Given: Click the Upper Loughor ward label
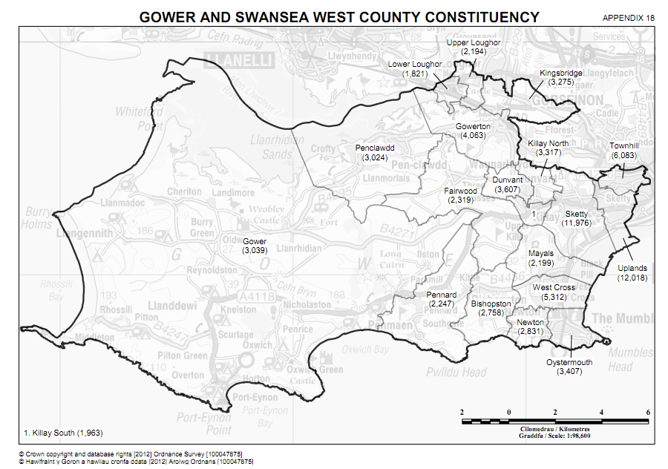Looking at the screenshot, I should tap(473, 47).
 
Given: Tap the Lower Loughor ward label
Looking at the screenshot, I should tap(415, 69).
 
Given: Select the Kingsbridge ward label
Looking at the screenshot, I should tap(560, 78).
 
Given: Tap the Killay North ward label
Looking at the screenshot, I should tap(548, 148).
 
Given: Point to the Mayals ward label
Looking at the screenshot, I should tap(540, 258).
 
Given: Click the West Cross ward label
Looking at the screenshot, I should tap(554, 292).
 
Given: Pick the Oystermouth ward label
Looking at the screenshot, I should tap(569, 367).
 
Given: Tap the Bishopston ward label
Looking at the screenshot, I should tap(491, 308).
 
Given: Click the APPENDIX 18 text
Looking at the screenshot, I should tap(628, 17).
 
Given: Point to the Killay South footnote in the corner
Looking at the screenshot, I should tap(59, 433).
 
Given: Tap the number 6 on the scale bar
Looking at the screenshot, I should tap(648, 412).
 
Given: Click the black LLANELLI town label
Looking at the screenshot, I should tap(241, 59).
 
